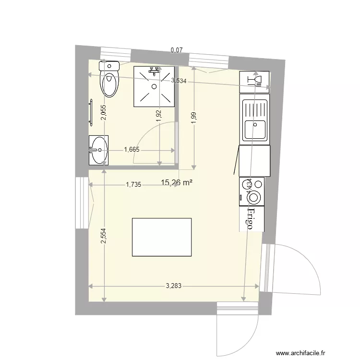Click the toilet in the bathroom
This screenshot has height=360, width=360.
click(x=109, y=80)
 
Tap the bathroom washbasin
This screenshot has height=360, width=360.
click(x=99, y=149)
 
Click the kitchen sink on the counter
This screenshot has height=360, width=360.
click(x=254, y=120)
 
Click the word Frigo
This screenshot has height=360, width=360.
click(x=250, y=219)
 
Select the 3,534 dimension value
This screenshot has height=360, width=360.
click(x=179, y=81)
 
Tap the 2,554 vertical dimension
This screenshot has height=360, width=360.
click(x=103, y=236)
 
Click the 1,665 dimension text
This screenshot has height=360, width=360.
click(x=132, y=150)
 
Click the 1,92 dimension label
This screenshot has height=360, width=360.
click(x=159, y=116)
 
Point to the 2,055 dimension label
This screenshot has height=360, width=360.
click(x=103, y=112)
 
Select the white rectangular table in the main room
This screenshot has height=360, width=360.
click(x=162, y=237)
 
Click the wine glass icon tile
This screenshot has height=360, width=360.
click(x=254, y=81)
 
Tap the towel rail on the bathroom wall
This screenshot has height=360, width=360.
click(x=90, y=113)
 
